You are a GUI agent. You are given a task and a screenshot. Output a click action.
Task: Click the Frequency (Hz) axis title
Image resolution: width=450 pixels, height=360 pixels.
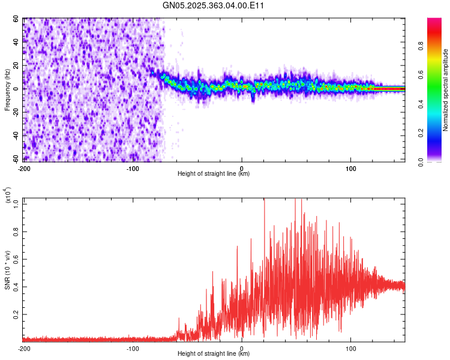pos(7,89)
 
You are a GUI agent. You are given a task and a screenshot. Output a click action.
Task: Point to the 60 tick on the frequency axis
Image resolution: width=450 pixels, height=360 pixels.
pos(16,19)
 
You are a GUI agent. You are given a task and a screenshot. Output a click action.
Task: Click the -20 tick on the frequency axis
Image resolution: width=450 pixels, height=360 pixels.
pos(15,113)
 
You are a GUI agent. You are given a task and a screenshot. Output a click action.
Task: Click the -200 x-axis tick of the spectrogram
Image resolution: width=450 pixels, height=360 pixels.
pos(25,167)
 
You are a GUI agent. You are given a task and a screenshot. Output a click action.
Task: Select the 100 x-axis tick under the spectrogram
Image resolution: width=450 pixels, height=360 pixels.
pos(350,167)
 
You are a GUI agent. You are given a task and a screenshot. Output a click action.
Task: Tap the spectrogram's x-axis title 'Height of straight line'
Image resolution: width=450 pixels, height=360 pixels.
pos(214,174)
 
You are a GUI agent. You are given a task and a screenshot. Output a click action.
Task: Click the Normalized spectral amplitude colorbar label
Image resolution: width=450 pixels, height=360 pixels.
pos(446,90)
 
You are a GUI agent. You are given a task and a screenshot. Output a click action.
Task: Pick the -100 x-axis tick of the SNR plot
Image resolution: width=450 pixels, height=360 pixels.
pos(133,348)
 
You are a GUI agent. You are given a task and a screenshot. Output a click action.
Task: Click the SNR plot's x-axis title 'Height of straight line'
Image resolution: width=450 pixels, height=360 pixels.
pos(214,354)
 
